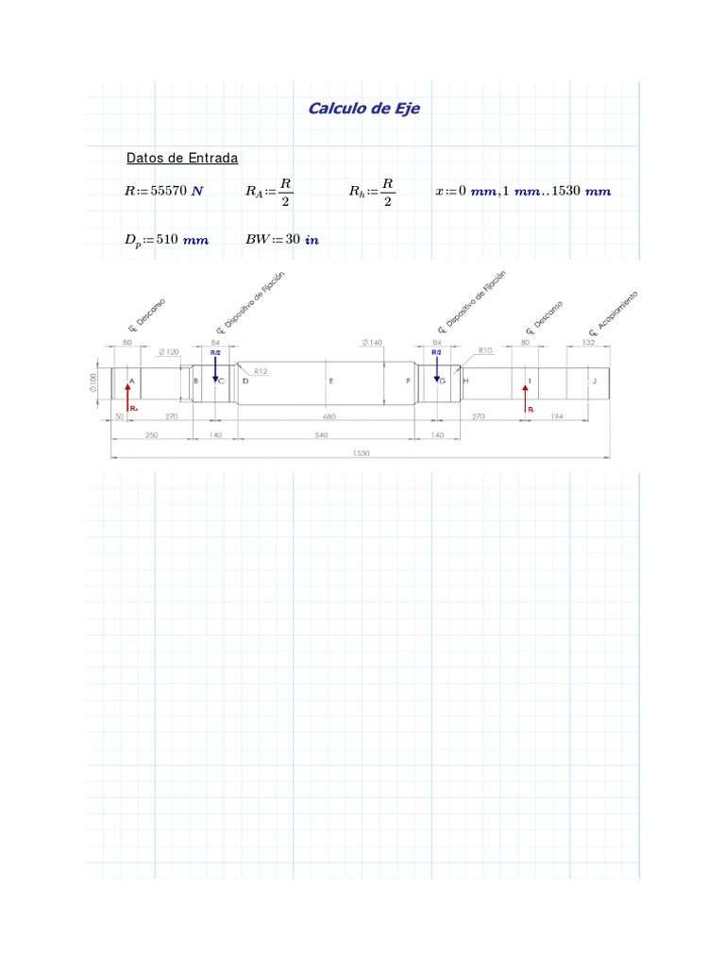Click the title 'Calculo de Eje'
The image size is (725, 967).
[363, 109]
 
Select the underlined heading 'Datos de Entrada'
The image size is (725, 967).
[182, 158]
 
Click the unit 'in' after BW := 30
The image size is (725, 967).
[312, 240]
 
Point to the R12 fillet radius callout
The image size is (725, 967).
[261, 372]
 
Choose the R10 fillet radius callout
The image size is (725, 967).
[486, 350]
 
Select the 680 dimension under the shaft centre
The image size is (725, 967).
[329, 416]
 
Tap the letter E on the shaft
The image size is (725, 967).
[330, 381]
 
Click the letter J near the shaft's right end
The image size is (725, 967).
[595, 381]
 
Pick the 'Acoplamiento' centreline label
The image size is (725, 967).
[614, 313]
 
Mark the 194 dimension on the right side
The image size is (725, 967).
[557, 416]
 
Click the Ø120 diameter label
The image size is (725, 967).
[170, 351]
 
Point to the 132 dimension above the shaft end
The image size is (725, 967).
[588, 343]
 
